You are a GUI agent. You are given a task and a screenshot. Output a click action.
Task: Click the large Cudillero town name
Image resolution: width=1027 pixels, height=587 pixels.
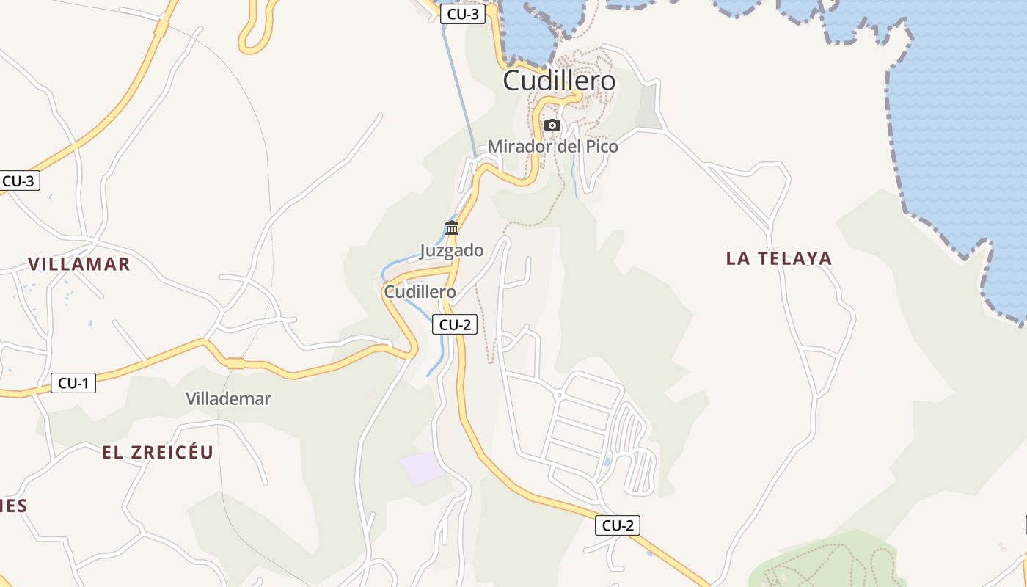559,81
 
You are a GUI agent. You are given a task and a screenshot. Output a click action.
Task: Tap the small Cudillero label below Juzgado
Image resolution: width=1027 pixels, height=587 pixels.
420,292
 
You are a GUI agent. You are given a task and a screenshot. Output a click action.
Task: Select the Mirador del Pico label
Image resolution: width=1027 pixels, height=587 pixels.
552,147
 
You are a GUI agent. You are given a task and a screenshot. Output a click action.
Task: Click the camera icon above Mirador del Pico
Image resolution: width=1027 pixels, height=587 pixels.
552,125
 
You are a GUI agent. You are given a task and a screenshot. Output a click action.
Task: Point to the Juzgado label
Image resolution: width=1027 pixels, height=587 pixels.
451,251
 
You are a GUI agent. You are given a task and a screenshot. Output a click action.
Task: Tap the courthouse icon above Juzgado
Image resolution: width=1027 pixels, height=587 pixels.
452,227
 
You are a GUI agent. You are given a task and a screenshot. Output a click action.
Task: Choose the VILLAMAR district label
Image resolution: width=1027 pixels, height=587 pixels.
78,264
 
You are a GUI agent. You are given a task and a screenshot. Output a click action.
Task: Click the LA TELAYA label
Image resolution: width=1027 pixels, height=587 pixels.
778,258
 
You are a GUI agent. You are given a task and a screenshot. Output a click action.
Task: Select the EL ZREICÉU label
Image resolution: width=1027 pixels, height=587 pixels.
157,453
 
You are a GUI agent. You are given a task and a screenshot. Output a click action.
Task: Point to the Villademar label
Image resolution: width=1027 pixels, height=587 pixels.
228,399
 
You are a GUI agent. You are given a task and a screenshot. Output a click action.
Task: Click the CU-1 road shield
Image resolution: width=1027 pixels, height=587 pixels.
73,382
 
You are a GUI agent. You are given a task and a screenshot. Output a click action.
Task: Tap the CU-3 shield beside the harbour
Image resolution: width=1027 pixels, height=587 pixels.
463,14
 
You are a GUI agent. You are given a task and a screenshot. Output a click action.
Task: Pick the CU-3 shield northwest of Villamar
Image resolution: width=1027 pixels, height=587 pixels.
18,181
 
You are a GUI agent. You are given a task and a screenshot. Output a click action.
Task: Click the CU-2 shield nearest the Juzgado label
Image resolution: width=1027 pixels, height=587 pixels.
455,324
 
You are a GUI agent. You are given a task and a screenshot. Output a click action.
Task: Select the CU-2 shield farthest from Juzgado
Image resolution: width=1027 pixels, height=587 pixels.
618,525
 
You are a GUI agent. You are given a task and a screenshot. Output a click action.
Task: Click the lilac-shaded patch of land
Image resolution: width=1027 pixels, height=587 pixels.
422,468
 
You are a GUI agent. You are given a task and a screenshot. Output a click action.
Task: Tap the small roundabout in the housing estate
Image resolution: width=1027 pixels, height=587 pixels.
558,395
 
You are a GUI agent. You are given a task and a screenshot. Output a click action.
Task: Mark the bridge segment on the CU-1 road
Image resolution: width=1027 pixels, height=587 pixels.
235,363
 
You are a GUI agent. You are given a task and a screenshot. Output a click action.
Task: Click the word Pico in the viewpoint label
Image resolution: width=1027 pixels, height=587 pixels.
602,147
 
